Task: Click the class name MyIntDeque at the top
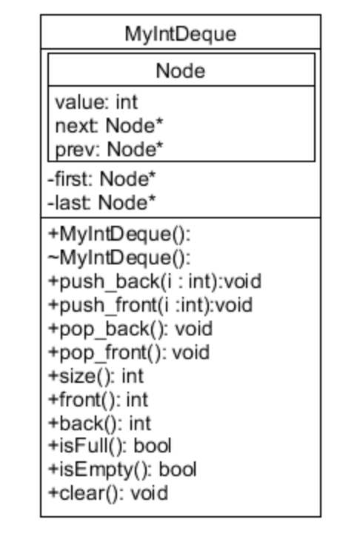pos(180,33)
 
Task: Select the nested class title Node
pos(180,70)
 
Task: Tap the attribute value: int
pos(96,101)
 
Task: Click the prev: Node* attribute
pos(109,149)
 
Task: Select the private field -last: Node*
pos(101,201)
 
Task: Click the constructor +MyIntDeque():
pos(119,235)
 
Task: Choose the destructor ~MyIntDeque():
pos(119,258)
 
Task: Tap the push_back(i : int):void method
pos(154,281)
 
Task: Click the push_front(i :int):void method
pos(150,305)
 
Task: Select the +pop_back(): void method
pos(130,329)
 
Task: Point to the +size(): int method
pos(96,376)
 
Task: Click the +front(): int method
pos(98,400)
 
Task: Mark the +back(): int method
pos(99,423)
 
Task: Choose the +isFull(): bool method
pos(110,446)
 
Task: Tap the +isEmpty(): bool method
pos(122,469)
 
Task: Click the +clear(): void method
pos(107,492)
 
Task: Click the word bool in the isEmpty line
pos(178,469)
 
